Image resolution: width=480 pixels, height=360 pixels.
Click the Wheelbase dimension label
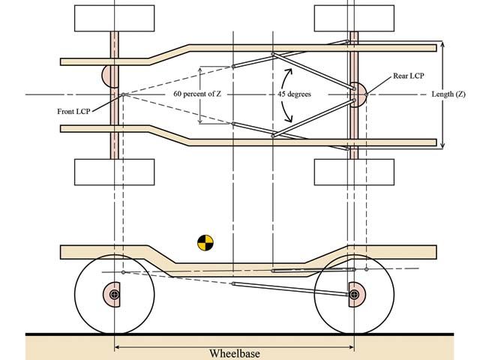[234, 352]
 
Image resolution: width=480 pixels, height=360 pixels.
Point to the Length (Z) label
[451, 95]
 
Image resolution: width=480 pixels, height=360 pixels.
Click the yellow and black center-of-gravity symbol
[205, 242]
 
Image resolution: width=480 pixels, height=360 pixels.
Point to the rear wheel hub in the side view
[353, 295]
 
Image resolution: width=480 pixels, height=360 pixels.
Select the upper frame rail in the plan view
[300, 48]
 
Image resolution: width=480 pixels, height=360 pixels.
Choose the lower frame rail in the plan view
[300, 140]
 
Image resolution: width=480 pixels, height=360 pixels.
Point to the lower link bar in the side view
[292, 289]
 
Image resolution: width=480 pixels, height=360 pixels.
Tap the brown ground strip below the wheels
[240, 346]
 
